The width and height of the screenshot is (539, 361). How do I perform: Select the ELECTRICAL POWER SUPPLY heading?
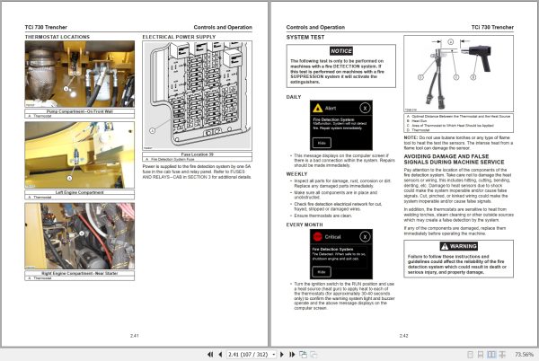point(179,39)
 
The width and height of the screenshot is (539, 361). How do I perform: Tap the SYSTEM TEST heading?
point(307,39)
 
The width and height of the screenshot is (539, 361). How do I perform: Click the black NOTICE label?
point(340,51)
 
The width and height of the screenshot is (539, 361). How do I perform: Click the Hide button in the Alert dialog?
point(321,142)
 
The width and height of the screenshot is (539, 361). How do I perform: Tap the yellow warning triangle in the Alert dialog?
point(319,105)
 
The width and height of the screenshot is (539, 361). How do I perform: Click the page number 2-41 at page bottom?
point(135,335)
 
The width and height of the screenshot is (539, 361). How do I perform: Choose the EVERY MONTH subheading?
point(306,224)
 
